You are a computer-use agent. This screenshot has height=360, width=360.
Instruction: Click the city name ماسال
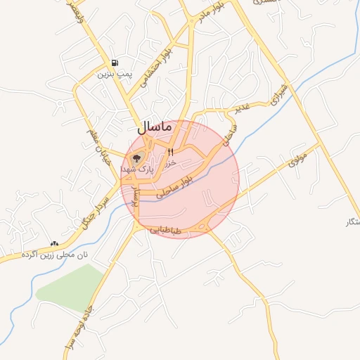(x=151, y=127)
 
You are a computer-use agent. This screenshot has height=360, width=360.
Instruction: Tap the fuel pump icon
(x=115, y=62)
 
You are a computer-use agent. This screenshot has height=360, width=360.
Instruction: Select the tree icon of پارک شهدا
(x=136, y=157)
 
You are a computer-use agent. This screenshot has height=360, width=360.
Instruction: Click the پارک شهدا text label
(x=136, y=169)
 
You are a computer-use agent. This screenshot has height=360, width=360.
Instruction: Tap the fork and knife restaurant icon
(x=169, y=151)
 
